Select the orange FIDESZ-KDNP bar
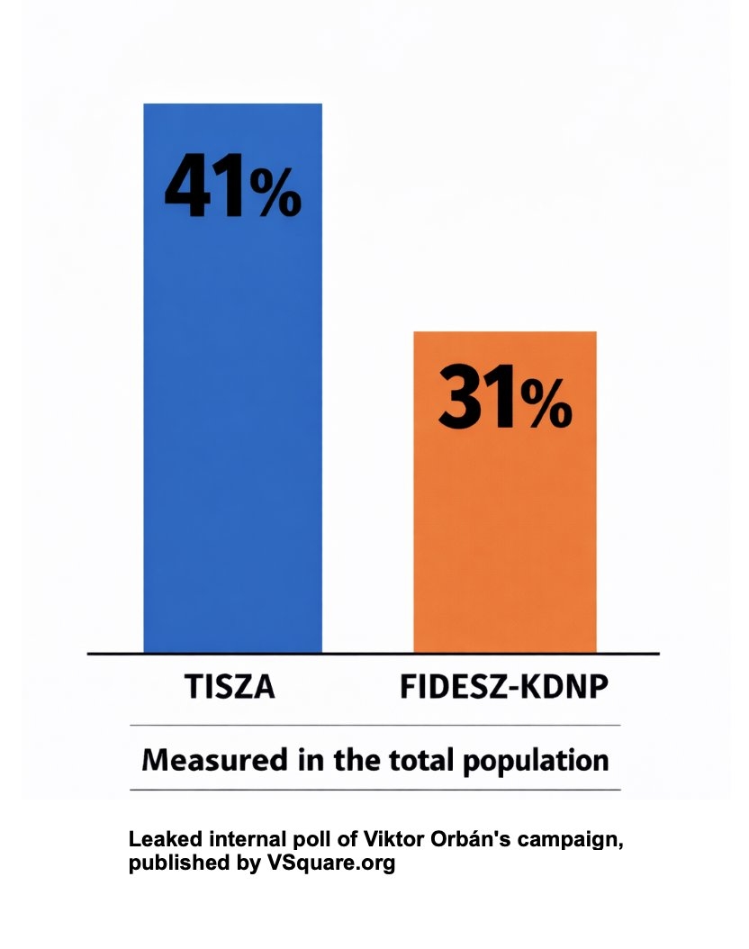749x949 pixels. click(504, 540)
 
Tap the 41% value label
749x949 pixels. click(231, 186)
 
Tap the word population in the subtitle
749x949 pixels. click(535, 761)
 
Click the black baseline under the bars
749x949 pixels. click(374, 653)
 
